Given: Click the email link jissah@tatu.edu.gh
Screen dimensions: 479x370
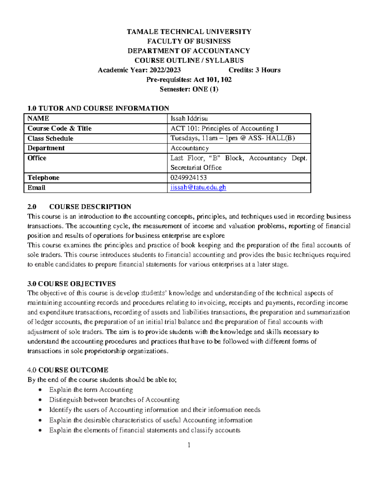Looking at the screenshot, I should (x=198, y=188).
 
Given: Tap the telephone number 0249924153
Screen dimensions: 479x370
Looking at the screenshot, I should (x=188, y=178).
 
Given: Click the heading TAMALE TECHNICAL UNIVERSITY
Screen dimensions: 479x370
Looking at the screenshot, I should (x=189, y=32).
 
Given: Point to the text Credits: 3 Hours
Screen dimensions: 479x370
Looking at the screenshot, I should (x=254, y=70).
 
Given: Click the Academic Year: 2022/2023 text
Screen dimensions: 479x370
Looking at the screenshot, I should (x=139, y=70).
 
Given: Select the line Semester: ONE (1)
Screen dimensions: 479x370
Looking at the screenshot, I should (x=189, y=89).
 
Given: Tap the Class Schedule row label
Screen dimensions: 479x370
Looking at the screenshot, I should (x=50, y=138).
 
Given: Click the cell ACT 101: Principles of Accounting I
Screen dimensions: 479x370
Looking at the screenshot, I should (x=224, y=128).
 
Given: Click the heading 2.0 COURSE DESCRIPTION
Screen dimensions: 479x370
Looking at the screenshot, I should (x=79, y=207).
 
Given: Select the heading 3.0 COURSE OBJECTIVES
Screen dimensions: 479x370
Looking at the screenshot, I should (x=72, y=284).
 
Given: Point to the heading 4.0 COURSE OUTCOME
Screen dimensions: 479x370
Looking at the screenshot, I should (x=68, y=370).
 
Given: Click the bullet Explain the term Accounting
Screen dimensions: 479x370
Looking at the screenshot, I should (x=91, y=390).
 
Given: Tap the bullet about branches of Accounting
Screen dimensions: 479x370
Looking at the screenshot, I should (x=114, y=400).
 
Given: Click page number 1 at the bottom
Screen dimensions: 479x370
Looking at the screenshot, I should (x=189, y=445).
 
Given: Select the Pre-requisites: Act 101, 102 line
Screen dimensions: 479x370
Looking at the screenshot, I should (x=189, y=80).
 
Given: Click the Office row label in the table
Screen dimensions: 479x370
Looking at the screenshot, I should (x=37, y=158).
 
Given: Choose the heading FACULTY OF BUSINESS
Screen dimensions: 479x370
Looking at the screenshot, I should (x=189, y=41).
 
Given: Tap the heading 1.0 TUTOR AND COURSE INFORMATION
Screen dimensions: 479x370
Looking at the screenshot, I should (x=98, y=108).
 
